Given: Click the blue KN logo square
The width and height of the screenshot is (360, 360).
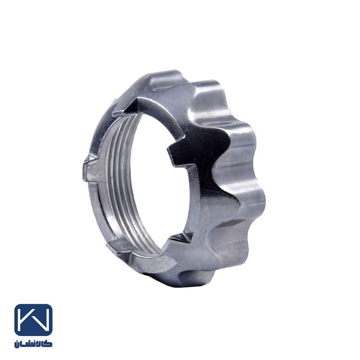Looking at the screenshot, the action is pos(33,320).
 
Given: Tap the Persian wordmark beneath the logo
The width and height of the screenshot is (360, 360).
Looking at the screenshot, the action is pos(33,344).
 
